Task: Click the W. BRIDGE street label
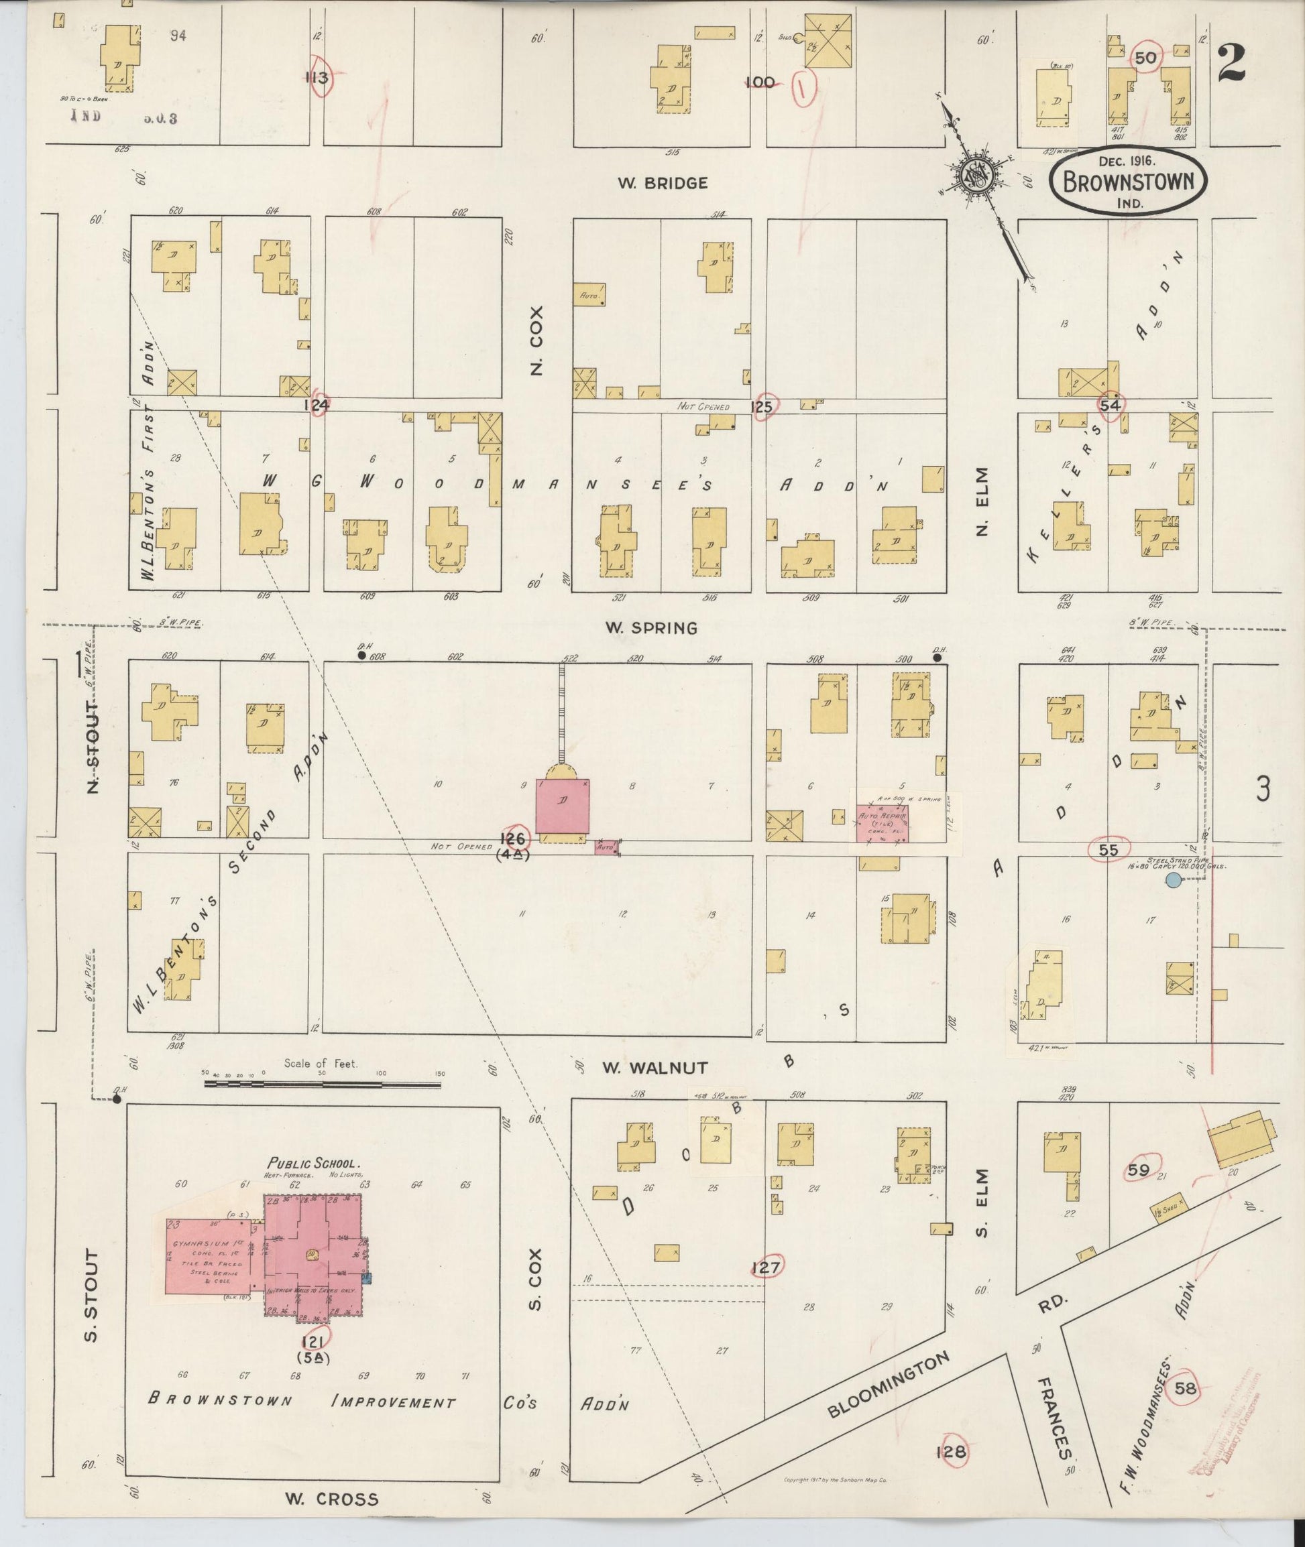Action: (x=663, y=183)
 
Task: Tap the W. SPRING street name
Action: (x=651, y=628)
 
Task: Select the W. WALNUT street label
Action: (x=654, y=1068)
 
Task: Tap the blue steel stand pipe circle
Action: (x=1173, y=880)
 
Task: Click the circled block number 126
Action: (x=514, y=839)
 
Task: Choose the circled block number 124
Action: (x=317, y=404)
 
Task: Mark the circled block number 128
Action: (x=952, y=1451)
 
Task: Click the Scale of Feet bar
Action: (x=323, y=1085)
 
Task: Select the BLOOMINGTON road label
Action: (x=888, y=1385)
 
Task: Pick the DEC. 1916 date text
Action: (x=1127, y=159)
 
